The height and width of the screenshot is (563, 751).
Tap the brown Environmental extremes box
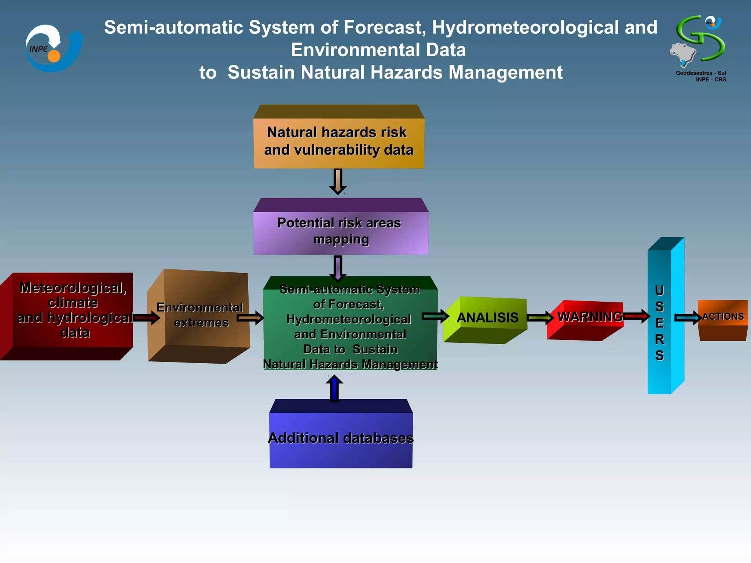coord(200,315)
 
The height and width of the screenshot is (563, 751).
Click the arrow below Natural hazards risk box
coord(338,181)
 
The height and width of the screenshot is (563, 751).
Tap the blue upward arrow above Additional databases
coord(334,389)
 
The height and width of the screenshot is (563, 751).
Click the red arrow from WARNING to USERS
coord(637,316)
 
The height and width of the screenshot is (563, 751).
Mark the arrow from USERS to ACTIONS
coord(688,317)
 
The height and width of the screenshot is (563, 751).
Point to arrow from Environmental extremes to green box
coord(250,317)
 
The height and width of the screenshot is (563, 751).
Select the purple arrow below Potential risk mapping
coord(338,268)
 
